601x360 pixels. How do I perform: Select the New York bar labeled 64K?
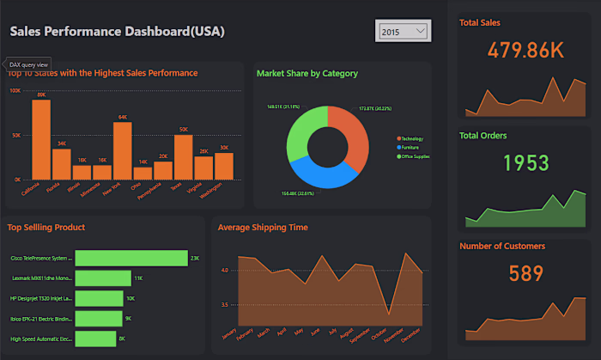[123, 151]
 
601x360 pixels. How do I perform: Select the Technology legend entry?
[414, 138]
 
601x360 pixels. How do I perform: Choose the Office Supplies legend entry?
[416, 156]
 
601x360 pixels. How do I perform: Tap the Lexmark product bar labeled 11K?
[103, 278]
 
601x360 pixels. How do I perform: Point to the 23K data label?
[195, 258]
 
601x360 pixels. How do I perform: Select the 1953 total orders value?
[524, 162]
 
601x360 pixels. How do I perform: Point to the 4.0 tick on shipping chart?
[222, 270]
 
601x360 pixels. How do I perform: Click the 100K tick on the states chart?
[15, 90]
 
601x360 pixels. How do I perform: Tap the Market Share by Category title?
[307, 73]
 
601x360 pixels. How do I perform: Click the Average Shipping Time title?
[262, 228]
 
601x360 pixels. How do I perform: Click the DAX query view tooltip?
[29, 64]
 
